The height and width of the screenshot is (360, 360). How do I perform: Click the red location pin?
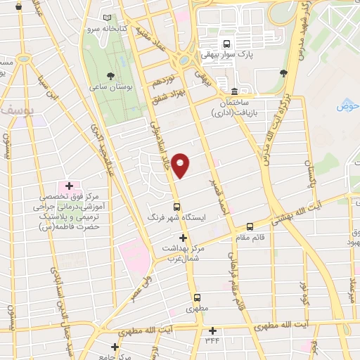[181, 165]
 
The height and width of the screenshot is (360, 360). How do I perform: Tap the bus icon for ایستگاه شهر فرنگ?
[176, 207]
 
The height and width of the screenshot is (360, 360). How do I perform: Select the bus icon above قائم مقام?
[250, 226]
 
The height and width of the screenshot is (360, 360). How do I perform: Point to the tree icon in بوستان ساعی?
[110, 75]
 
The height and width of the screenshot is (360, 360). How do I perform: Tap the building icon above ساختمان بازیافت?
[234, 91]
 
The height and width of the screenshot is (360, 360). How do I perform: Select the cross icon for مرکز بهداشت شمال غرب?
[183, 238]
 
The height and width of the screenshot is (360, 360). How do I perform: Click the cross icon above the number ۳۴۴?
[212, 330]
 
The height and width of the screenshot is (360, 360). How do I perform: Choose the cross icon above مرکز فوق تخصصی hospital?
[69, 185]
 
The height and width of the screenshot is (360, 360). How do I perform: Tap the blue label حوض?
[347, 106]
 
